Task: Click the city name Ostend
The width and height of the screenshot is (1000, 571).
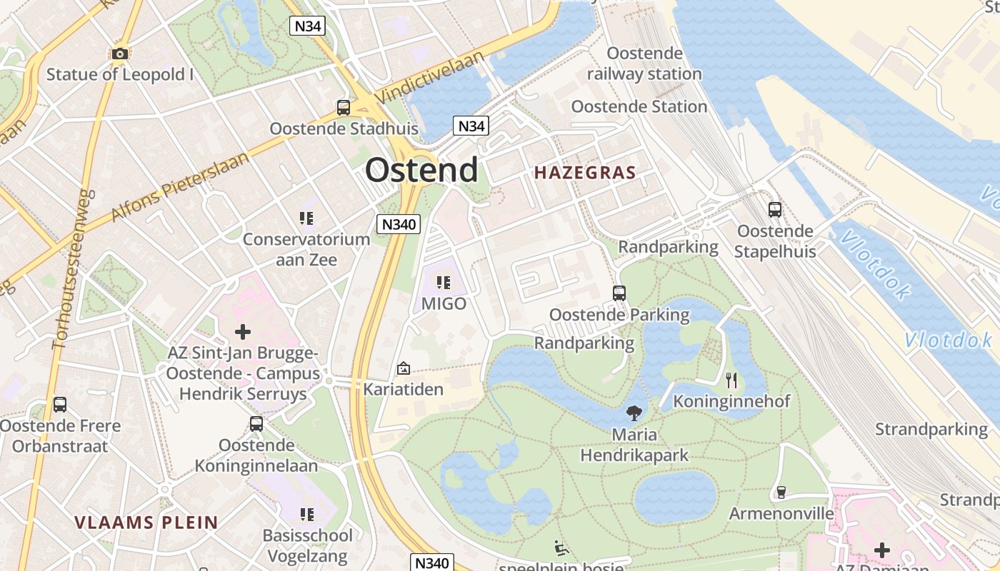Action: pyautogui.click(x=421, y=171)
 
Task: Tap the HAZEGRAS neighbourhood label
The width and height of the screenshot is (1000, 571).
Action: pyautogui.click(x=585, y=173)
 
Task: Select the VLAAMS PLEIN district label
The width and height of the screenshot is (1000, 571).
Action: pyautogui.click(x=146, y=522)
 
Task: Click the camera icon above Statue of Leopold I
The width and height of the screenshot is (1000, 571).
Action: pyautogui.click(x=120, y=54)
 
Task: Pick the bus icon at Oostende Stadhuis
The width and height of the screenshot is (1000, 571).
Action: pyautogui.click(x=344, y=108)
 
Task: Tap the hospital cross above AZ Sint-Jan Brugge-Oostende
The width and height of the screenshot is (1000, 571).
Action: pyautogui.click(x=243, y=332)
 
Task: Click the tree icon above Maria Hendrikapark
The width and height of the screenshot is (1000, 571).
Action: pyautogui.click(x=633, y=412)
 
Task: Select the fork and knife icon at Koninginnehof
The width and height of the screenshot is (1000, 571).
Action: pyautogui.click(x=731, y=379)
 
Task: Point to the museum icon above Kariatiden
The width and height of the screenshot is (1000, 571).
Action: pyautogui.click(x=403, y=368)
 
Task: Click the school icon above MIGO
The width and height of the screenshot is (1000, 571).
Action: pyautogui.click(x=443, y=283)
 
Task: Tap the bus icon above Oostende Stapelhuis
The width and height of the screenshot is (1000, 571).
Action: pyautogui.click(x=775, y=210)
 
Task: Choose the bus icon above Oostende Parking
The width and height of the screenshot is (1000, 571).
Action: pyautogui.click(x=619, y=293)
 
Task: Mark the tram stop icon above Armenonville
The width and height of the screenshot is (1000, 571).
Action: pyautogui.click(x=781, y=492)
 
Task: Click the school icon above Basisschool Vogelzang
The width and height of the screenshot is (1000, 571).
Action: pyautogui.click(x=307, y=514)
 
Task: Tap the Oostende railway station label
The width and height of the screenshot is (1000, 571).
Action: pyautogui.click(x=644, y=64)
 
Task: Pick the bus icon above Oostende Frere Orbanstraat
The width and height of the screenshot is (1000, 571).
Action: pyautogui.click(x=60, y=405)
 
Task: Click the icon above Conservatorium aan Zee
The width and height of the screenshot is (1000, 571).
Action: pyautogui.click(x=306, y=218)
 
